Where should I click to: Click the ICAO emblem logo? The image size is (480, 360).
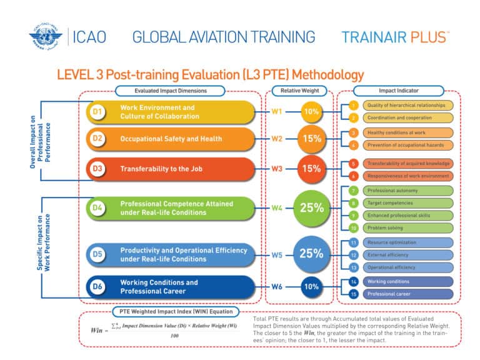[x=47, y=37]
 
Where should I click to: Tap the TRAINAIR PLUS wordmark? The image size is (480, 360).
[x=395, y=37]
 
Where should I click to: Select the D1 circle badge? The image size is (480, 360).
[x=97, y=112]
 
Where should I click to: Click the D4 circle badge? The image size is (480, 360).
[x=97, y=208]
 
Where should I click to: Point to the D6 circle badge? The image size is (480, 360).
[x=97, y=287]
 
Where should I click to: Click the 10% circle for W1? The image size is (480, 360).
[x=311, y=112]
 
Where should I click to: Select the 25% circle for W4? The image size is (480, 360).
[x=311, y=208]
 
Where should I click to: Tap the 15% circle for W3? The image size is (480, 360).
[x=311, y=169]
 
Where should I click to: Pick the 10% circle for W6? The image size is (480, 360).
[x=311, y=287]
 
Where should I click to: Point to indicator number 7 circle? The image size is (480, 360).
[x=353, y=190]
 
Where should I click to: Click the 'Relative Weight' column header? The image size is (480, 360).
[x=299, y=91]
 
